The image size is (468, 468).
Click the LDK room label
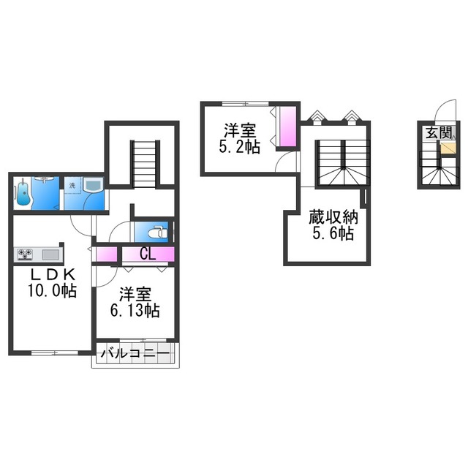coord(53,274)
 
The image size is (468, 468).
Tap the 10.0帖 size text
coord(53,290)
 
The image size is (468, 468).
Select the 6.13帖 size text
coord(135,310)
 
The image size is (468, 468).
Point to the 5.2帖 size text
coord(240,147)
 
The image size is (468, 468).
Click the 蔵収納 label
coord(333,217)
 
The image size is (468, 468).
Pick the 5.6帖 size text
coord(333,233)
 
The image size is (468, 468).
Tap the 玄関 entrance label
coord(439,132)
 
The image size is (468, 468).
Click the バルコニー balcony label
coord(135,354)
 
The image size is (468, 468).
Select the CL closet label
coord(148,254)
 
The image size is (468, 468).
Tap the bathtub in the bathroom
coord(23,193)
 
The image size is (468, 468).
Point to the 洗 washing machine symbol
coord(72,186)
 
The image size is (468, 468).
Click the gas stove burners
coord(25,254)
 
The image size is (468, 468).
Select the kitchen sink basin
coord(50,254)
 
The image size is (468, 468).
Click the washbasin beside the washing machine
coord(93,185)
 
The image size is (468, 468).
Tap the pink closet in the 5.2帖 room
coord(287,127)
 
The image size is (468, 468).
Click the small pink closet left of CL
coord(106,254)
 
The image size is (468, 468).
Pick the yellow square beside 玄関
coord(448,148)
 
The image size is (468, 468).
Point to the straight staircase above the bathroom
coord(144,164)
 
